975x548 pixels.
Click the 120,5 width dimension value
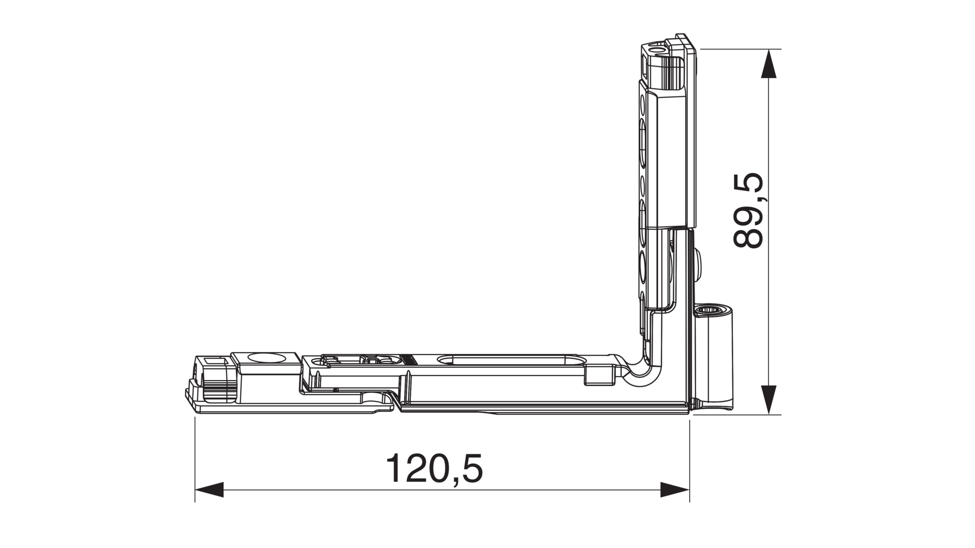(435, 468)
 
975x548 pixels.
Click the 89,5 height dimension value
(749, 211)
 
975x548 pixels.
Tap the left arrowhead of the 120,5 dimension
(209, 490)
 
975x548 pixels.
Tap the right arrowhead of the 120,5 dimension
(675, 490)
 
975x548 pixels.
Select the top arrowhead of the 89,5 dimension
(769, 63)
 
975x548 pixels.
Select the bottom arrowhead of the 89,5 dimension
(769, 400)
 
